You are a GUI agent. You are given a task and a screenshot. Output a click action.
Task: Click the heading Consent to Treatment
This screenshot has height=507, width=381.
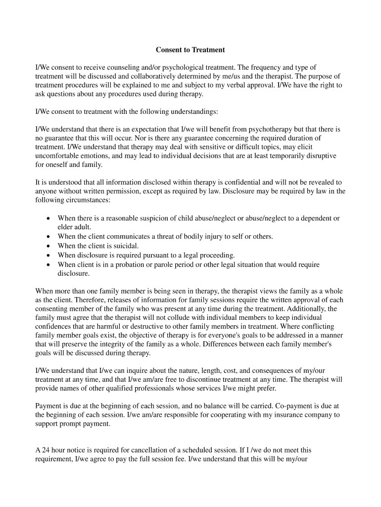(x=190, y=50)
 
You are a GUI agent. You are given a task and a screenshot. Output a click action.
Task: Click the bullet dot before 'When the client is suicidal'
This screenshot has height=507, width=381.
(x=48, y=246)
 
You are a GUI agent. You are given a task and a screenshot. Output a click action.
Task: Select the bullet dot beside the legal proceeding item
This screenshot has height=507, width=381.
(x=48, y=255)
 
